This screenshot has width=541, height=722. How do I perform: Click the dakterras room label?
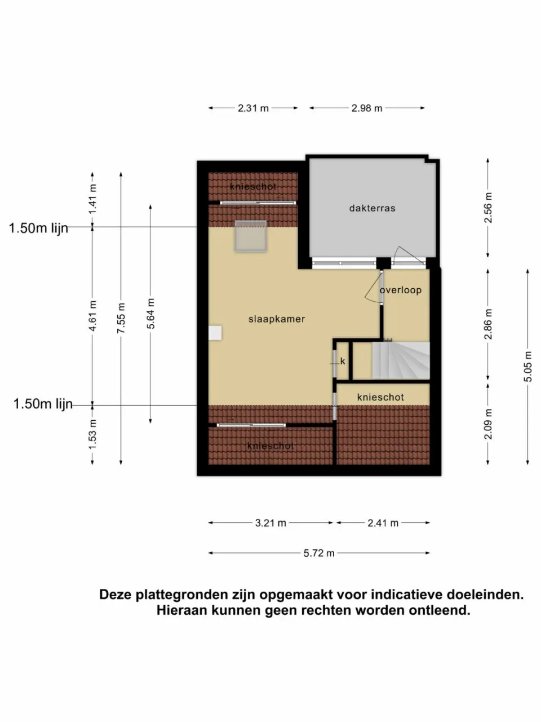point(372,208)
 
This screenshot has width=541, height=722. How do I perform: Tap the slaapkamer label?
point(276,319)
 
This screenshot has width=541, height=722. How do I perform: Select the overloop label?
point(400,290)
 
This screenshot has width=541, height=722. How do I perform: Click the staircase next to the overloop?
point(400,360)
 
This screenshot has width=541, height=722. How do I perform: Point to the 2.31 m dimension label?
point(253,108)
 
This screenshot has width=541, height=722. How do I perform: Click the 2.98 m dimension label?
point(367,108)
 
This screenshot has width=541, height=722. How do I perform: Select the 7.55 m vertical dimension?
point(122,318)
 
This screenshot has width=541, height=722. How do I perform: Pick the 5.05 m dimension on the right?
point(528,367)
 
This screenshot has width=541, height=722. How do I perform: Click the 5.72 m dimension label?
point(319,553)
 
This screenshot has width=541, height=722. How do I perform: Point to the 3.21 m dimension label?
point(270,523)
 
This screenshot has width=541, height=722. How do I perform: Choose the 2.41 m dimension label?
point(383,523)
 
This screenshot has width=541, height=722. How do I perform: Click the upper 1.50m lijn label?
point(38,228)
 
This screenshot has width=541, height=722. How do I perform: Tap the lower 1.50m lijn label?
point(43,404)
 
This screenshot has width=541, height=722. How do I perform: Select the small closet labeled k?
point(342,361)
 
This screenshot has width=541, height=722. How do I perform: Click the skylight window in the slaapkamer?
point(251,236)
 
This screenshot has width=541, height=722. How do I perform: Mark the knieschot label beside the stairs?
point(380,398)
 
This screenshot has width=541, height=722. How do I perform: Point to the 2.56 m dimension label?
point(488,208)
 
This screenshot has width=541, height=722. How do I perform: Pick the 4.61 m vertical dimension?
point(93,316)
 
